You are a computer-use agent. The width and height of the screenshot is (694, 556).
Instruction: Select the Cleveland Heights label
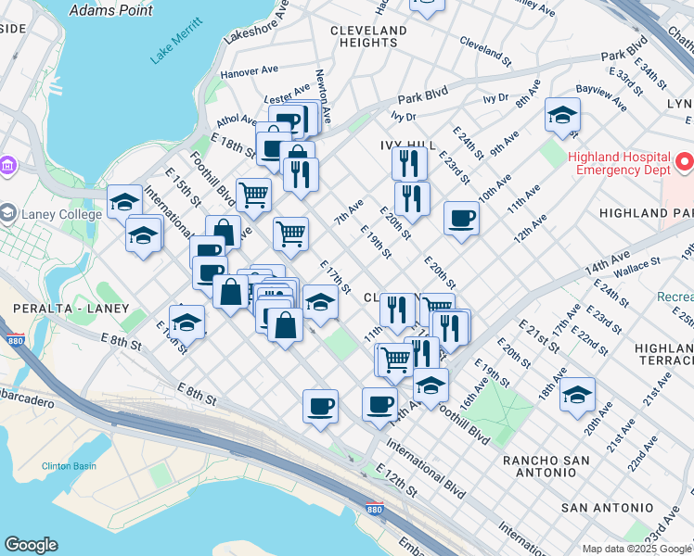(368, 36)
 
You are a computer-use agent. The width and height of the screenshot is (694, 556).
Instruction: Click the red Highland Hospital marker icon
(685, 162)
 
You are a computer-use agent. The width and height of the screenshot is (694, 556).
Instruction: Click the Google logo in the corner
(31, 545)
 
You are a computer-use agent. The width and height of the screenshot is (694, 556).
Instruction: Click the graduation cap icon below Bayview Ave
(562, 115)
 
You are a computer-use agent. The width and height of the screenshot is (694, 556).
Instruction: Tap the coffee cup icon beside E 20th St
(461, 219)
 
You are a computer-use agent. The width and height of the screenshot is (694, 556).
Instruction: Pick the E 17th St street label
(335, 276)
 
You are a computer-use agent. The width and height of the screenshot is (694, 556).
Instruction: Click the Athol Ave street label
(237, 120)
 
